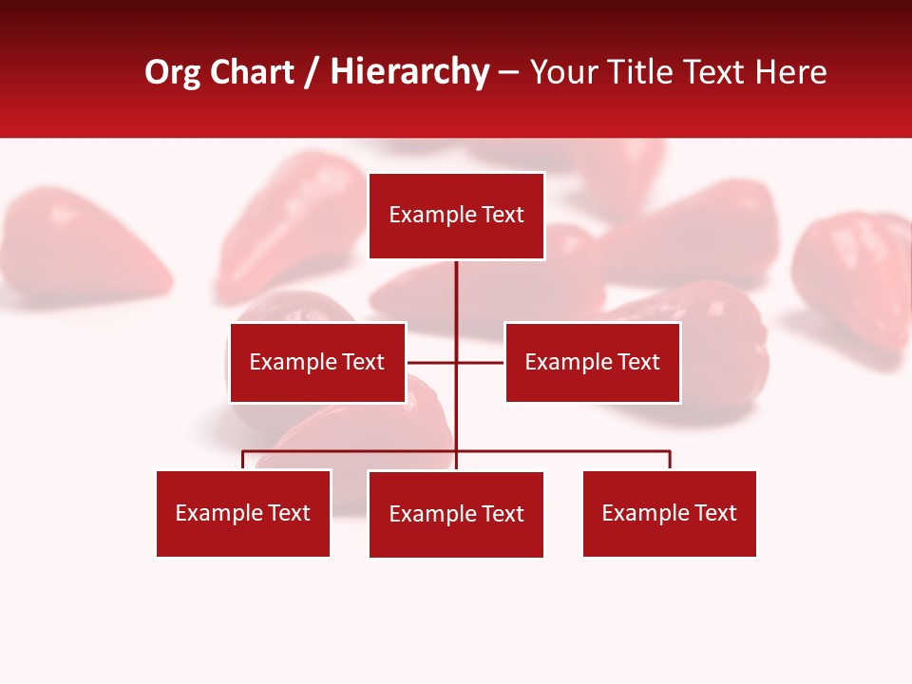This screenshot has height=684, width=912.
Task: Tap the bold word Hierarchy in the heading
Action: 409,72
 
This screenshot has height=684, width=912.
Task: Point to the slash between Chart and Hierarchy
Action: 312,72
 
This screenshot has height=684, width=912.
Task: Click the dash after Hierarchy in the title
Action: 508,72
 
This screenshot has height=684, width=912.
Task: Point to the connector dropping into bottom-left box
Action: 243,460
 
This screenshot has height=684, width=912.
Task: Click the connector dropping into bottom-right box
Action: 670,460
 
